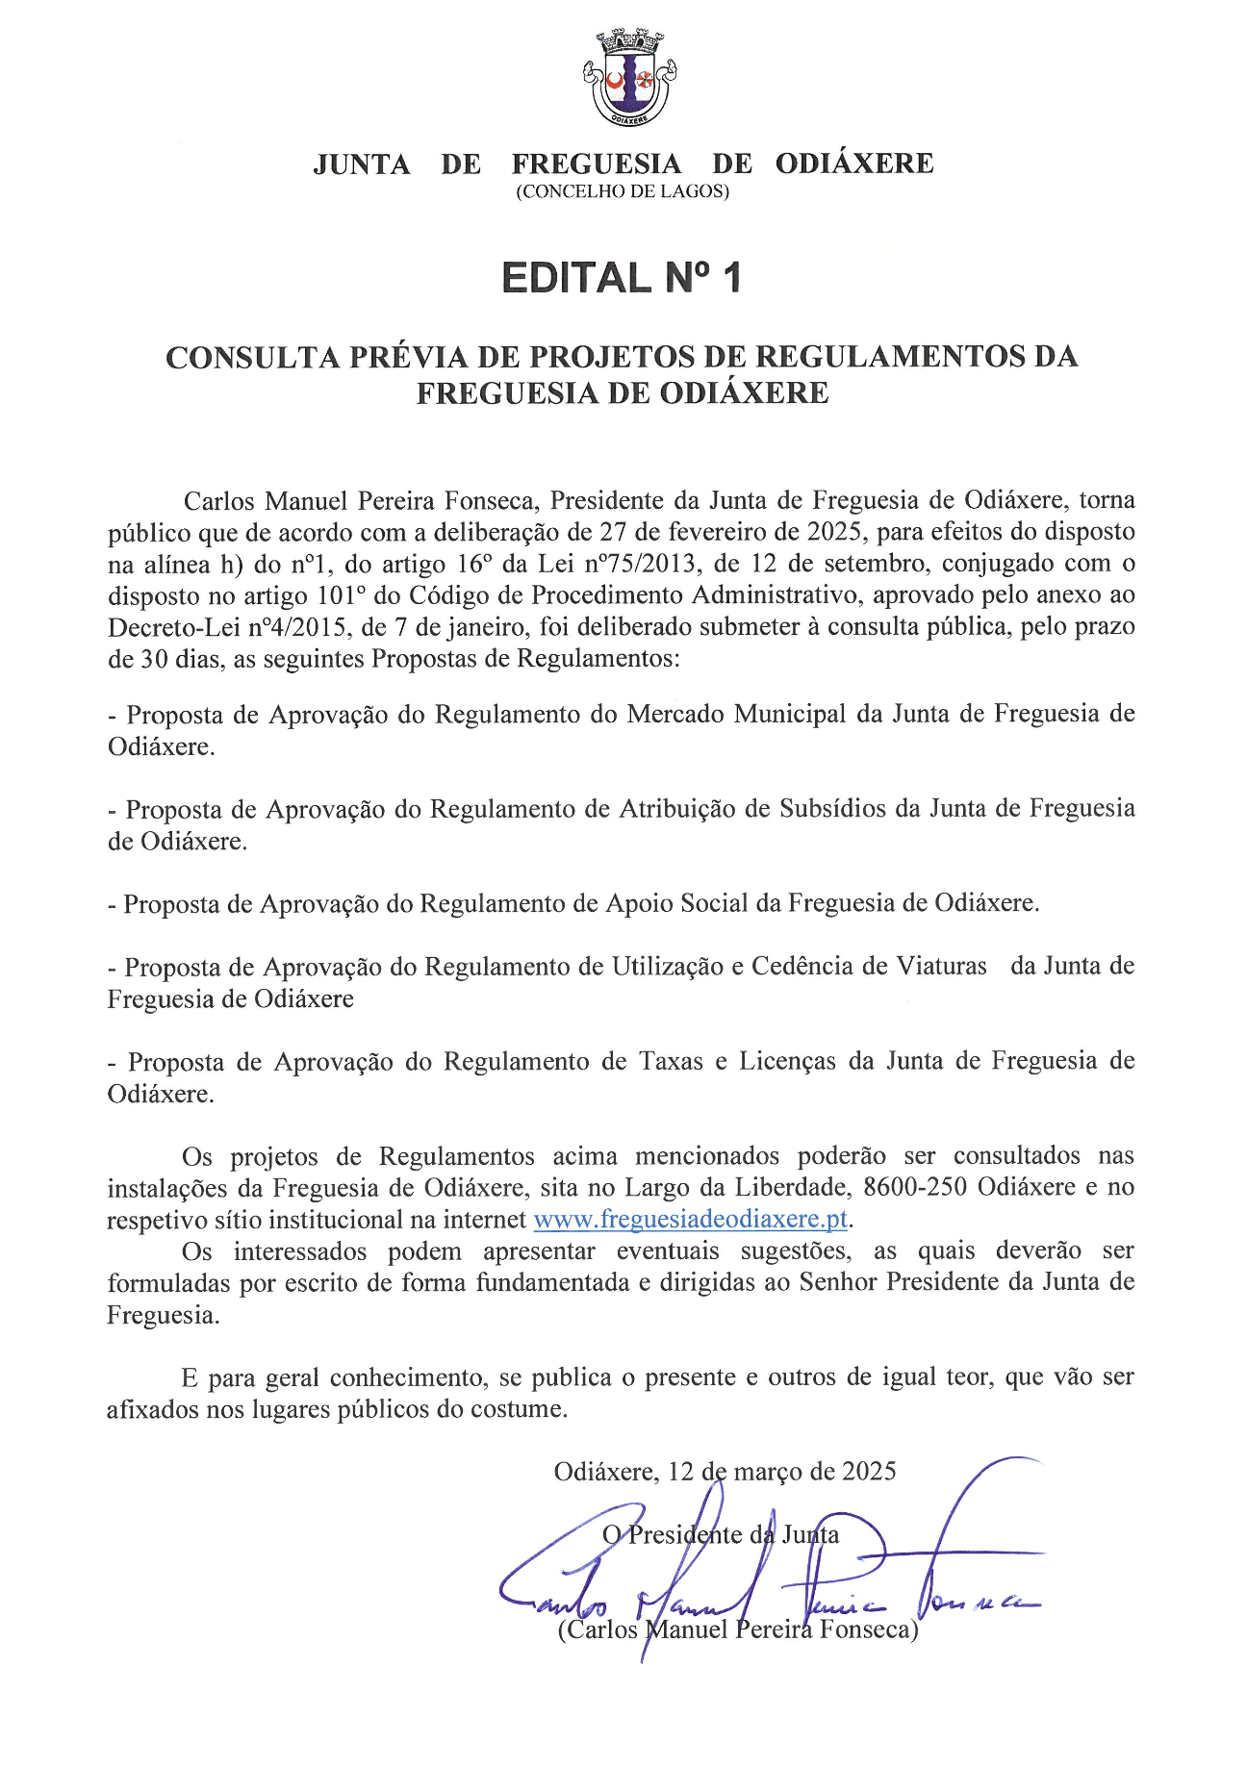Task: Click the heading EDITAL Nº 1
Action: [622, 278]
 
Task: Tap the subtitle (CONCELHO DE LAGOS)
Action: [623, 191]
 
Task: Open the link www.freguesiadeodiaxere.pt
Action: [690, 1220]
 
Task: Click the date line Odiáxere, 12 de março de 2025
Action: [725, 1472]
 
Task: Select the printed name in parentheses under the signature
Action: [738, 1629]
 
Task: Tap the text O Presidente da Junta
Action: [721, 1535]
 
